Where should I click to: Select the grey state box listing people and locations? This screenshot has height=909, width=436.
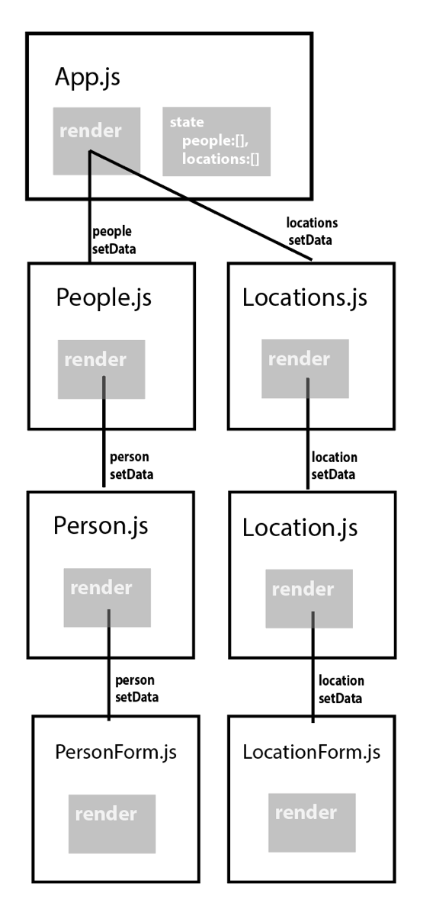tap(216, 142)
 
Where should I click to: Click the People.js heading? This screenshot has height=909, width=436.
tap(104, 297)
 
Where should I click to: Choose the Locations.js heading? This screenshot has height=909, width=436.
tap(304, 297)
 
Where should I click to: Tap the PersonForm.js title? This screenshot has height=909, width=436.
tap(116, 752)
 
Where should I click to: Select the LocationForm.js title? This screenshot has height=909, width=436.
tap(311, 752)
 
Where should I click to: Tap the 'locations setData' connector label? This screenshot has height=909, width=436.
tap(312, 230)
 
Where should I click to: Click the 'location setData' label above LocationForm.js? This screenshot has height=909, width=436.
tap(341, 687)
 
